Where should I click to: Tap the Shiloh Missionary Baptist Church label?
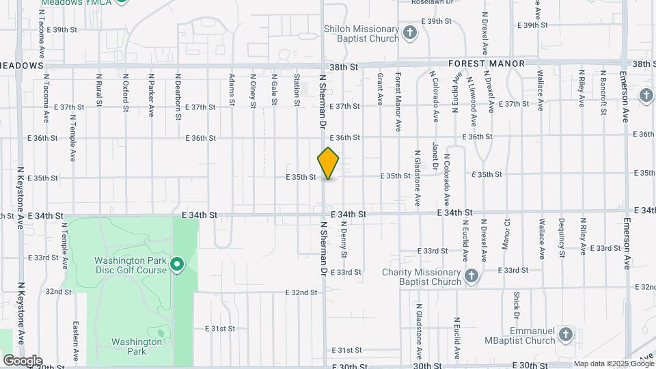361,33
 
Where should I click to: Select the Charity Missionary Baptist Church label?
422,277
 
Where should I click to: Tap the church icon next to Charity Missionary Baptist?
471,276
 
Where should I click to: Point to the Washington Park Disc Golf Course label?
130,265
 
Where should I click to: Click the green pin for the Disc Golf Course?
177,264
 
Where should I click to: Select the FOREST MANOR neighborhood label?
487,64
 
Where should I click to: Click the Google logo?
23,361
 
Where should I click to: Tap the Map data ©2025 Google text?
613,364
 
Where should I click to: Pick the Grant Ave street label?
380,89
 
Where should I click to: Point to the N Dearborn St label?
177,97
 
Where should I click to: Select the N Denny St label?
344,243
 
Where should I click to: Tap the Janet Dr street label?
435,154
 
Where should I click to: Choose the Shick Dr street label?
517,305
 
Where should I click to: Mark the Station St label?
297,90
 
